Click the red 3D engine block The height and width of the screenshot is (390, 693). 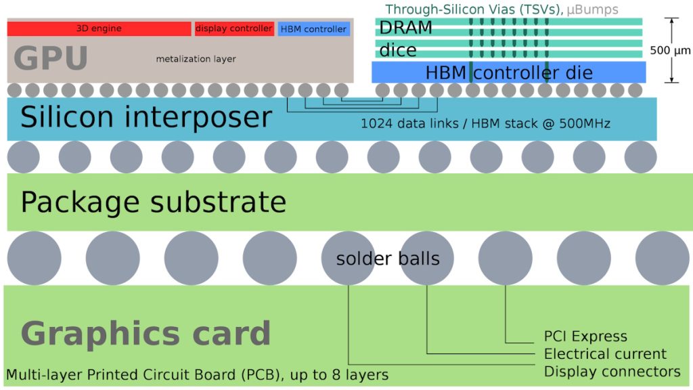click(99, 29)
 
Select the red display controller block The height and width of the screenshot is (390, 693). click(234, 29)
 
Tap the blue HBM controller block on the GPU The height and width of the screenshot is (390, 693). click(313, 29)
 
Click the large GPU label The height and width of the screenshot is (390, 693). click(51, 58)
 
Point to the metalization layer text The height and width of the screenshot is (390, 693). click(196, 59)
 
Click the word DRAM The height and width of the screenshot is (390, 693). click(405, 28)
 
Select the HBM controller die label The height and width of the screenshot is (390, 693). click(509, 72)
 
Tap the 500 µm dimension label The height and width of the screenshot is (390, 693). click(669, 50)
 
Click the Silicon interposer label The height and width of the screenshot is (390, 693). click(146, 117)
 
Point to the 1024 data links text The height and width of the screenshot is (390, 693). click(485, 123)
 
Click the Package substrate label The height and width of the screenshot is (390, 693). click(154, 202)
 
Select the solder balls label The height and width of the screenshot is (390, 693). click(388, 259)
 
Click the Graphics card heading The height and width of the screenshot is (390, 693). click(146, 334)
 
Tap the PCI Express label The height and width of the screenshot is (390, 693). click(585, 337)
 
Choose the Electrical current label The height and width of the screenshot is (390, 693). click(605, 354)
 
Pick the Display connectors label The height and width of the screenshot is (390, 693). click(612, 372)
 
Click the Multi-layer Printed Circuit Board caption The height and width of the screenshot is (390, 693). click(197, 375)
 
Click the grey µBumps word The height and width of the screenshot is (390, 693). click(592, 9)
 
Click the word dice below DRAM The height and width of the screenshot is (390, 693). click(397, 51)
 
